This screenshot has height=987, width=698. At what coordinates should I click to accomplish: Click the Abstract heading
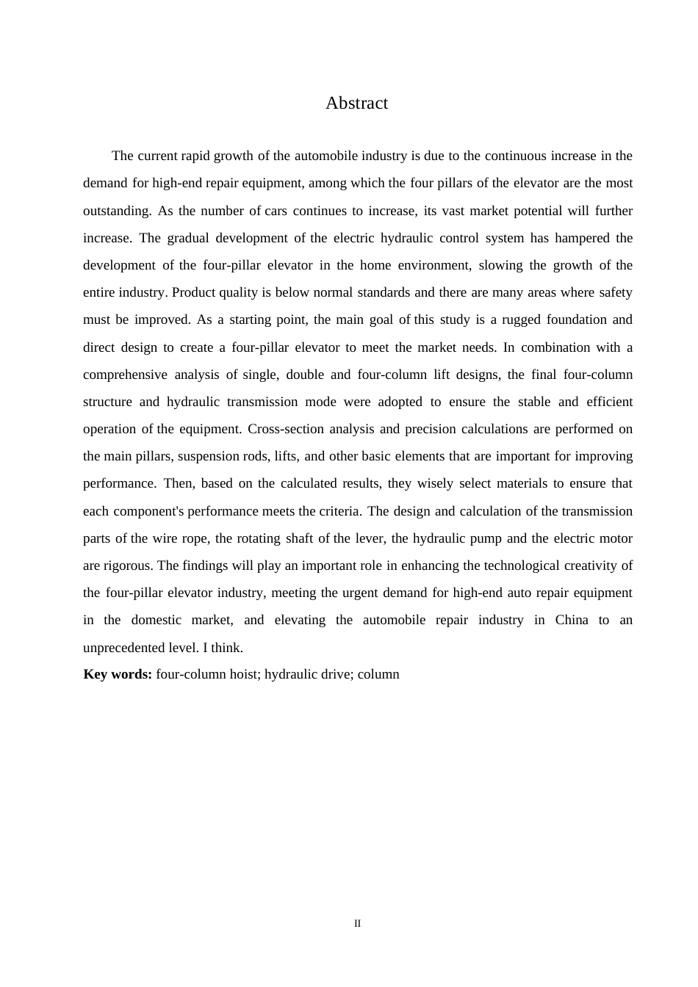(356, 104)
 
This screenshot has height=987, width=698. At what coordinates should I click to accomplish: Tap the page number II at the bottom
(357, 923)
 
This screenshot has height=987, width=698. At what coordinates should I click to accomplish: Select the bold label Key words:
(118, 674)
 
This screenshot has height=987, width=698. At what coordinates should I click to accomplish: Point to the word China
(572, 620)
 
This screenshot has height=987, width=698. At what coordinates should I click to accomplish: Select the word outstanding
(116, 211)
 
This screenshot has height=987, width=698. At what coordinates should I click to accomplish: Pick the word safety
(615, 292)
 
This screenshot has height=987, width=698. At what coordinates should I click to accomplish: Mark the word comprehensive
(125, 375)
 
